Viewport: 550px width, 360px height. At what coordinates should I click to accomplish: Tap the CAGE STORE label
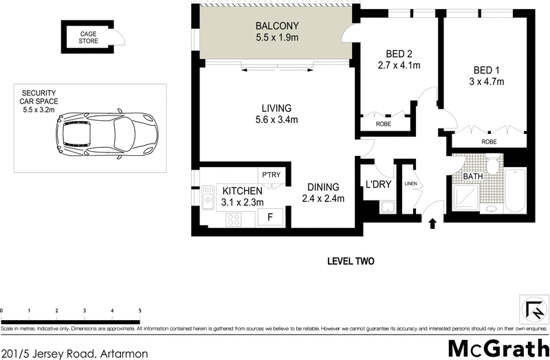[x=89, y=37]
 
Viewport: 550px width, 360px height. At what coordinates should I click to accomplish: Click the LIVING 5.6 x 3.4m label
[x=276, y=114]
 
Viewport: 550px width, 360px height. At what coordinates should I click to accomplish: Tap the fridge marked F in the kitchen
[x=269, y=217]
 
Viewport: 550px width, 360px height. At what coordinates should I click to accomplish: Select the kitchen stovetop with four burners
[x=234, y=220]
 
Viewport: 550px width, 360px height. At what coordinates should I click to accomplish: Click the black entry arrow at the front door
[x=432, y=223]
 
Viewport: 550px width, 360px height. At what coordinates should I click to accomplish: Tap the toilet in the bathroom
[x=492, y=165]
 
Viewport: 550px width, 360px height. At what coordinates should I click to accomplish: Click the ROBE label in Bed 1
[x=489, y=142]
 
